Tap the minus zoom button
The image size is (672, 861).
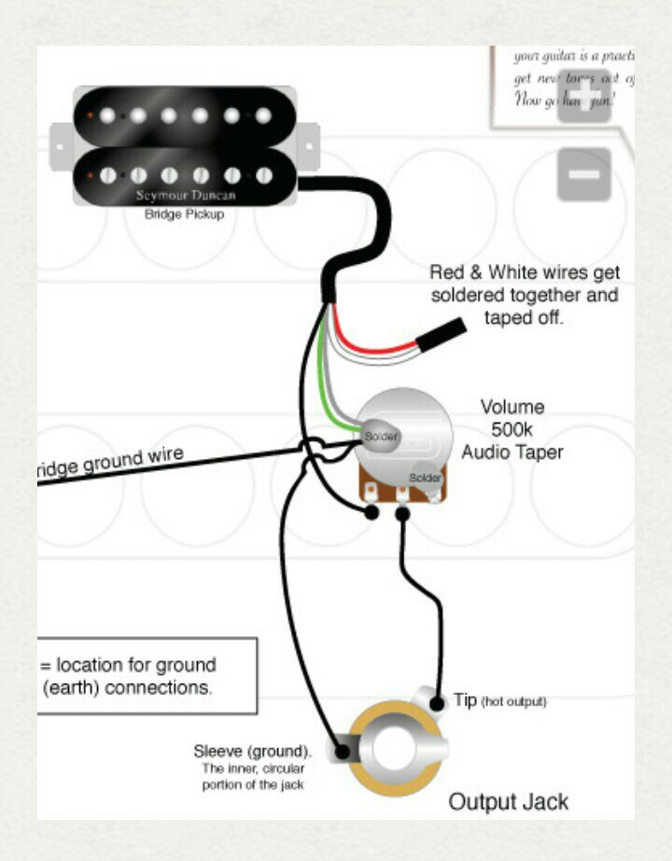(584, 174)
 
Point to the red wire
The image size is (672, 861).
(373, 342)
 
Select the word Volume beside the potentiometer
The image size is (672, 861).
(511, 408)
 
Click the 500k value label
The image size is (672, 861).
(511, 430)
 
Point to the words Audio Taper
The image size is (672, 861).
(511, 451)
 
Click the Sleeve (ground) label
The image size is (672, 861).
(252, 751)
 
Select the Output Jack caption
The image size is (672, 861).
(508, 801)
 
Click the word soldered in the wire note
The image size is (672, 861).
(500, 295)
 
